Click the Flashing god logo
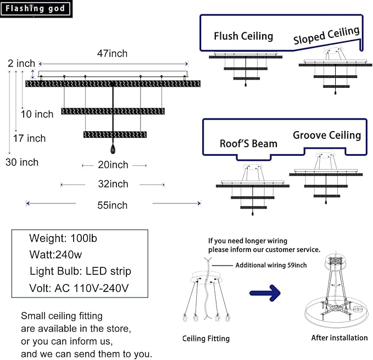coord(36,8)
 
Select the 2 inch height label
coord(21,64)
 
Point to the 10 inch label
coord(37,114)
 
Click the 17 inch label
coord(29,138)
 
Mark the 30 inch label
coord(22,162)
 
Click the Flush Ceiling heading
coord(243,36)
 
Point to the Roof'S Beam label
coord(248,144)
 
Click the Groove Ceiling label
coord(327,135)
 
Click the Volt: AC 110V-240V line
coord(80,288)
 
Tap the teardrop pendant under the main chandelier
coord(113,149)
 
